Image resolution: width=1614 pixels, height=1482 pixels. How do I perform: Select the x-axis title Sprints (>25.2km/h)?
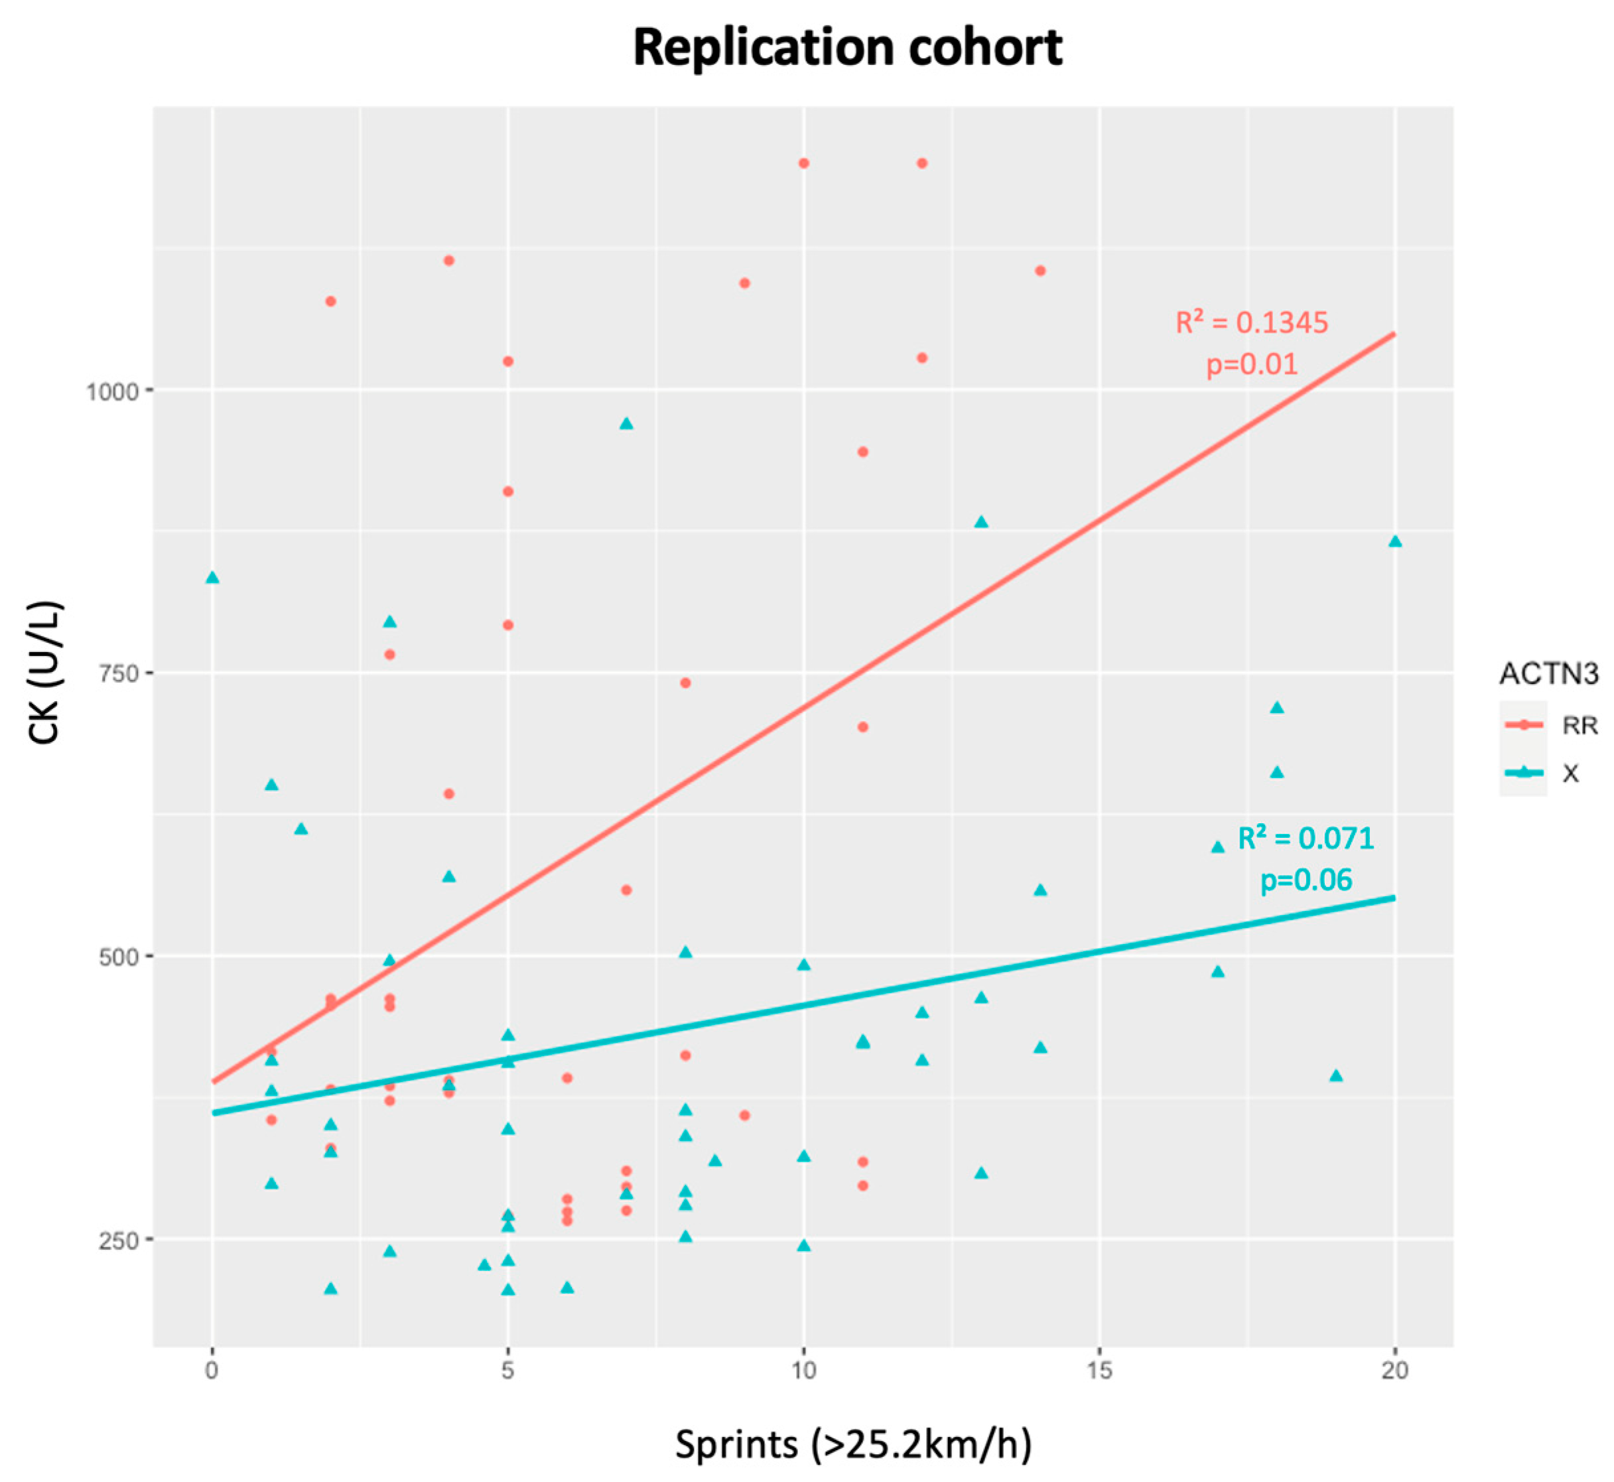[853, 1444]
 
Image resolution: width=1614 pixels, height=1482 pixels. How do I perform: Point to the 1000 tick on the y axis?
[112, 391]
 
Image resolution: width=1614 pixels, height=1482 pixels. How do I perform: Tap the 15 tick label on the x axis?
[1099, 1371]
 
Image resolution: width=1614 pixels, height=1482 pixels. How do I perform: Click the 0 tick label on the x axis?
[212, 1371]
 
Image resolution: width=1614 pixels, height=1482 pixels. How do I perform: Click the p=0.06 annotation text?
[1306, 880]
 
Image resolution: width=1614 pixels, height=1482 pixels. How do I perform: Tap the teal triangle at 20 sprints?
[1395, 542]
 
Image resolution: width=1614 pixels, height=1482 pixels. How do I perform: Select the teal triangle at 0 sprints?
[212, 577]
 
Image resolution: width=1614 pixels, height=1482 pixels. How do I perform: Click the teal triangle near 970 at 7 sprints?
[626, 423]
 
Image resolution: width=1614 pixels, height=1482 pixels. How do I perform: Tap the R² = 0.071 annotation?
[1306, 839]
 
